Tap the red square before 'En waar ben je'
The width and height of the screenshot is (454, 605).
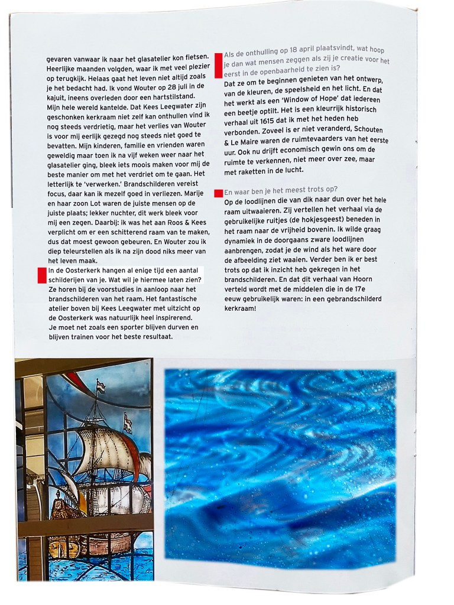219,193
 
